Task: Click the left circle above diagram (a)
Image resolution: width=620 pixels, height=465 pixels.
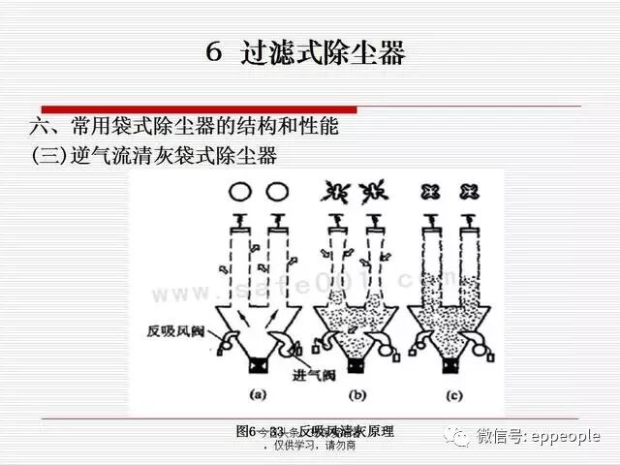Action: [241, 191]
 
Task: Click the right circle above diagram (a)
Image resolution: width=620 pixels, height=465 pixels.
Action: [278, 191]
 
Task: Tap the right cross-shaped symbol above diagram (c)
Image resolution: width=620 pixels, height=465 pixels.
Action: [471, 191]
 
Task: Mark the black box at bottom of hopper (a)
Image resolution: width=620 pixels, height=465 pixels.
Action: [260, 369]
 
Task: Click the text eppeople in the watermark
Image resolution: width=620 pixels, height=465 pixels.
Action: [568, 437]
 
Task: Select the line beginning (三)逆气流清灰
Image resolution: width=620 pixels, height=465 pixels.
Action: [154, 154]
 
